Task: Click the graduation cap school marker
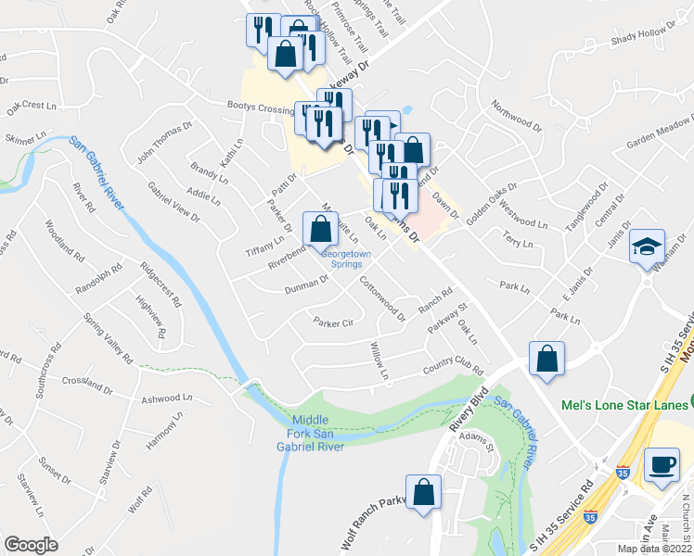(x=647, y=247)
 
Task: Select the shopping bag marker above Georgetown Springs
(x=320, y=228)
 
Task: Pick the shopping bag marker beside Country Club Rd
(x=547, y=360)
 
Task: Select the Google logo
(x=31, y=544)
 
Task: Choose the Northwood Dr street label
(x=517, y=118)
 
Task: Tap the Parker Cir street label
(x=334, y=323)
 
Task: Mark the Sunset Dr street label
(x=53, y=471)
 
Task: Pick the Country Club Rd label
(x=454, y=366)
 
